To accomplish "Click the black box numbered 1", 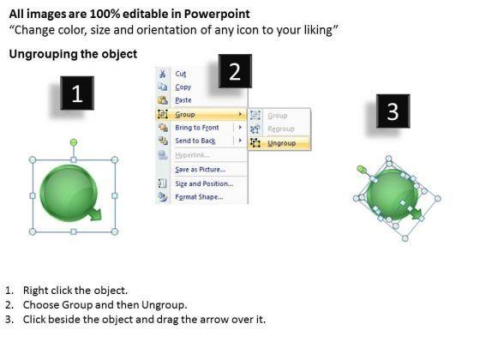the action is [77, 93].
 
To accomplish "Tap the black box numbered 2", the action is [235, 71].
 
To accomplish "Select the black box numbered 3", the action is [393, 111].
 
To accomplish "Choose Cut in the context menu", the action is [181, 74].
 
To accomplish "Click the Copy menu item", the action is [183, 87].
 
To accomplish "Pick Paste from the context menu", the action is [183, 100].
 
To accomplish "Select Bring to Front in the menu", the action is [197, 128].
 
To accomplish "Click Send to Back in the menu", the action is [195, 141].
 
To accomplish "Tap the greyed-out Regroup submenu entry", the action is [281, 129].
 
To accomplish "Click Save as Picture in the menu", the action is [201, 170].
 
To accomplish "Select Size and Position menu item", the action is [204, 183].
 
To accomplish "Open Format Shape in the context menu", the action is [199, 197].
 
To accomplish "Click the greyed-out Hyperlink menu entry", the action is [192, 155].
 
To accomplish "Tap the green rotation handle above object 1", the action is [74, 142].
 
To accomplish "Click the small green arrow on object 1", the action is [95, 214].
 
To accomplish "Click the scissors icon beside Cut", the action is [162, 74].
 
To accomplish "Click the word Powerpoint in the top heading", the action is [217, 14].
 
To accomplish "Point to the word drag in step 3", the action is [167, 320].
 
